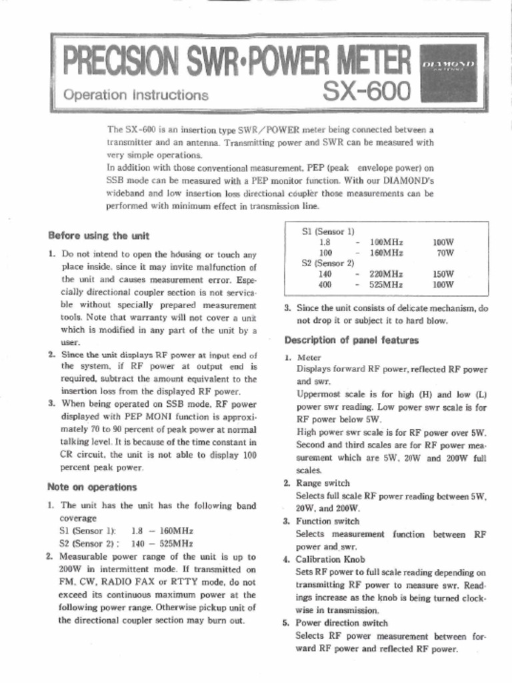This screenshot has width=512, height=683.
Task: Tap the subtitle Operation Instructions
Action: click(x=135, y=95)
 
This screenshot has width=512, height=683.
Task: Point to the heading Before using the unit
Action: click(x=99, y=236)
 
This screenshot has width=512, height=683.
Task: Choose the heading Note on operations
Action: click(x=93, y=487)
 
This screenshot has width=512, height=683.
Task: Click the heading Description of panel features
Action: click(x=351, y=339)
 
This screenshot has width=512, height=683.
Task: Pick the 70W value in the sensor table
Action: click(x=445, y=253)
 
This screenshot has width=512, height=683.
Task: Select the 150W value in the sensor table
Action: click(x=443, y=273)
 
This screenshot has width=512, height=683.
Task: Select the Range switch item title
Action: click(x=323, y=483)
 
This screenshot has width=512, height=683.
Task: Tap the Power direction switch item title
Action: click(x=341, y=623)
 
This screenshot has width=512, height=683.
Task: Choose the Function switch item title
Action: click(x=327, y=521)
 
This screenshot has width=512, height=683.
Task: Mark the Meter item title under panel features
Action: click(x=309, y=358)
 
